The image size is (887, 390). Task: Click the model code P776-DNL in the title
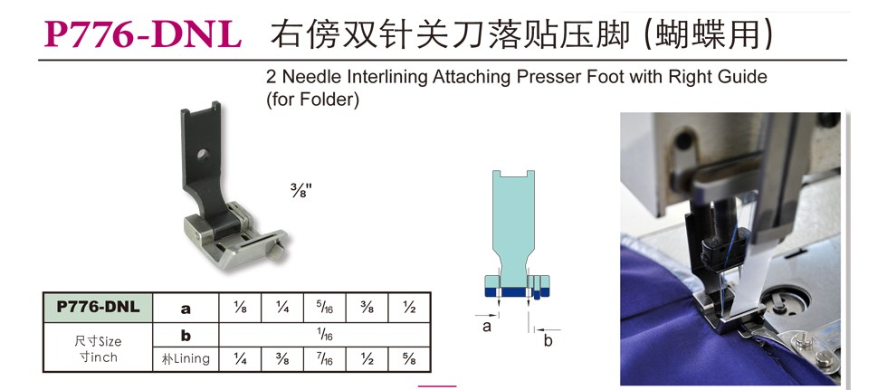[x=143, y=34]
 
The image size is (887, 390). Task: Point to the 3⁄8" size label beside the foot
[x=300, y=189]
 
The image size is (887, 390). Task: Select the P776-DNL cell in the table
[x=99, y=308]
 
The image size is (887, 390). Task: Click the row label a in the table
[x=186, y=309]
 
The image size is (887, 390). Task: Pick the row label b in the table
[x=186, y=336]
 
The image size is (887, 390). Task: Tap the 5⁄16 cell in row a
[x=324, y=309]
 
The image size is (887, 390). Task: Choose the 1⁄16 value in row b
[x=325, y=336]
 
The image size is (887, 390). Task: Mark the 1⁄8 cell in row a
[x=240, y=309]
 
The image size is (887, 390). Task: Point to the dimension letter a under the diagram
[x=487, y=328]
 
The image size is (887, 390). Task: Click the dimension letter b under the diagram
[x=548, y=341]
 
